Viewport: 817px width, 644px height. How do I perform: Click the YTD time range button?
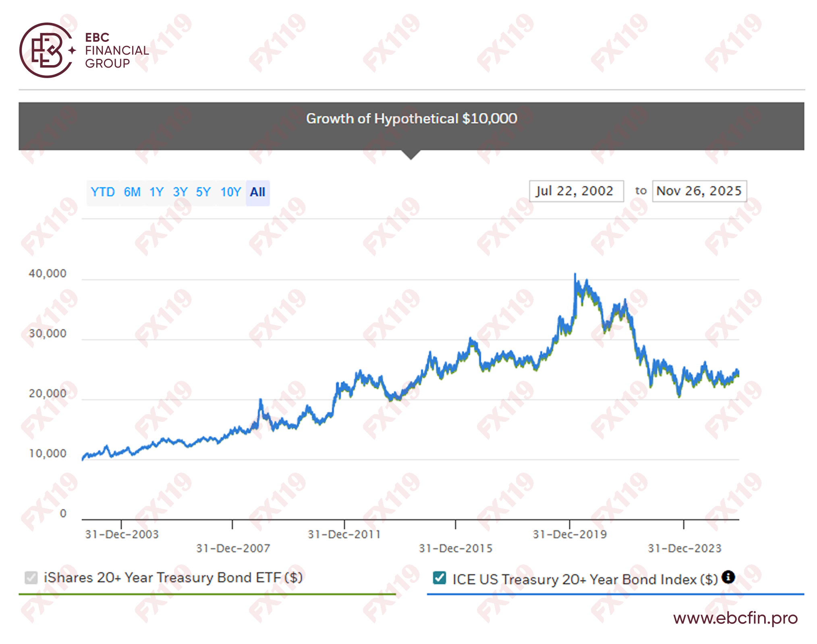[x=103, y=192]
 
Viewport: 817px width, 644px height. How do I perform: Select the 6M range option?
[x=132, y=192]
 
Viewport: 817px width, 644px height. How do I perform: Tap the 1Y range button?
[x=156, y=192]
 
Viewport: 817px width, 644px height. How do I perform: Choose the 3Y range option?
[x=180, y=192]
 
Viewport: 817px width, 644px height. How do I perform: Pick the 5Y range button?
[x=203, y=192]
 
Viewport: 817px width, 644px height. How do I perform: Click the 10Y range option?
[x=230, y=192]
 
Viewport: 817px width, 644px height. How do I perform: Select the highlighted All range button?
[x=257, y=192]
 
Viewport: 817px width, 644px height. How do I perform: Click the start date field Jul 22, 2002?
[x=576, y=191]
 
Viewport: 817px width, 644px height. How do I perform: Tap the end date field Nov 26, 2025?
[x=699, y=191]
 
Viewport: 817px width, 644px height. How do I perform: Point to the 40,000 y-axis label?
[x=48, y=274]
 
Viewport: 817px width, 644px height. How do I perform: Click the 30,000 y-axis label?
[x=48, y=334]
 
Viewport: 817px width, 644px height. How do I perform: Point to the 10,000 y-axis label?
[x=48, y=454]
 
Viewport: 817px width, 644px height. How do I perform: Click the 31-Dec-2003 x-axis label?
[x=122, y=535]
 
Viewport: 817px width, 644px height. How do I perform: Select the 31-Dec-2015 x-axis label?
[x=456, y=548]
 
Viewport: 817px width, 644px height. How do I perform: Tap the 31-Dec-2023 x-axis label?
[x=684, y=548]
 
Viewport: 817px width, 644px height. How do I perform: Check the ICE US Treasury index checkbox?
[x=440, y=578]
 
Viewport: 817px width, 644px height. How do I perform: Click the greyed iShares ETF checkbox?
[x=31, y=578]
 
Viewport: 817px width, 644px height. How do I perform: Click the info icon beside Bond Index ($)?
[x=728, y=577]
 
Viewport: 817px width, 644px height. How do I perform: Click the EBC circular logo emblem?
[x=46, y=50]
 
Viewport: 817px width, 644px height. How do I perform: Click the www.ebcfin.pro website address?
[x=735, y=618]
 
